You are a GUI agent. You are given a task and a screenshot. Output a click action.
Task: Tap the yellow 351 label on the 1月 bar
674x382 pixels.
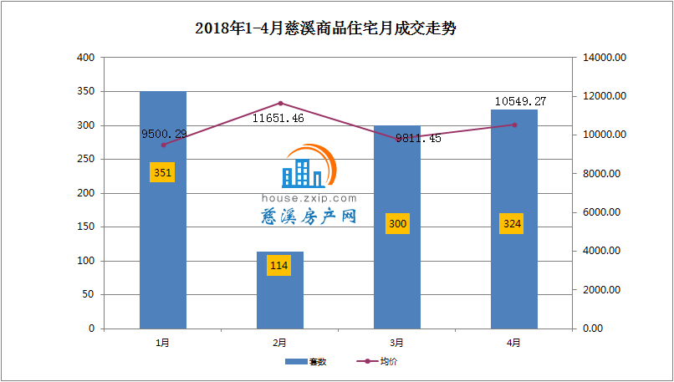point(162,173)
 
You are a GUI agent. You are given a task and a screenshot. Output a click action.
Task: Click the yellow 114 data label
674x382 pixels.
point(279,266)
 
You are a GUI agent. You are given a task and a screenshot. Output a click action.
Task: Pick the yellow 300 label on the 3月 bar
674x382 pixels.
point(397,224)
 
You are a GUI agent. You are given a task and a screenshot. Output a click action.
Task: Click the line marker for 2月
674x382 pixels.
point(280,103)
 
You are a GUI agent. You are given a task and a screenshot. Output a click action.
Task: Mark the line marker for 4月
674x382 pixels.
point(514,125)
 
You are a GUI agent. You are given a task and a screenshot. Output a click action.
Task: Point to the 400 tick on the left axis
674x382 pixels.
point(85,58)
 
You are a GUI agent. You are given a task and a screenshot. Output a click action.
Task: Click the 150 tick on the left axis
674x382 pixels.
point(85,227)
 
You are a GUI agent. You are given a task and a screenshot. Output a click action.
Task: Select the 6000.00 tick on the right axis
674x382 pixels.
point(605,212)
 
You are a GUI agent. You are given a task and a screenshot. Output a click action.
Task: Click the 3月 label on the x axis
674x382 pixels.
point(397,343)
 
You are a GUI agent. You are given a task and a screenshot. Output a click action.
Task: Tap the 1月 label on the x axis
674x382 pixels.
point(163,343)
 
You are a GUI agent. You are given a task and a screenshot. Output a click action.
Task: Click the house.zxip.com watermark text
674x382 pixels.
point(309,198)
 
